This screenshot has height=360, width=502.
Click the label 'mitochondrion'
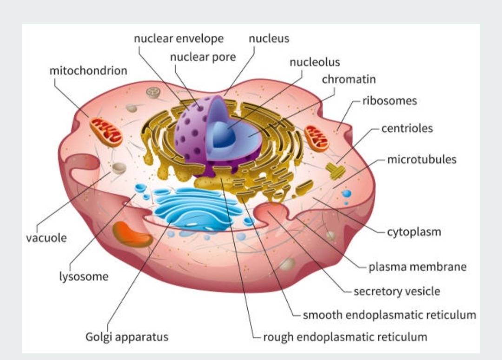[88, 71]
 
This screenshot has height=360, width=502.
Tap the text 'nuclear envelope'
[178, 39]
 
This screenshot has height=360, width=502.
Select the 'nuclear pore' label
[203, 57]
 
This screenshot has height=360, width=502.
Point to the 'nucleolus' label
[315, 62]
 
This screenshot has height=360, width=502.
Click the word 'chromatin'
[349, 80]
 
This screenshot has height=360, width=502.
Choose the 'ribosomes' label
[390, 100]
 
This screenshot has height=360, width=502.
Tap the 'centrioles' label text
[407, 128]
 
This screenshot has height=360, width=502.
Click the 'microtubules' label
[422, 160]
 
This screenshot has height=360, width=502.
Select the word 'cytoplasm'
[414, 231]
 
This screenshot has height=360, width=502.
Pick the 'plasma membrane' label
[417, 267]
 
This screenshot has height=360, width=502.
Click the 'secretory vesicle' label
[396, 292]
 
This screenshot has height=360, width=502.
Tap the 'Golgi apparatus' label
[127, 336]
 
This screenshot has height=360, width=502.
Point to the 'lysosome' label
[84, 277]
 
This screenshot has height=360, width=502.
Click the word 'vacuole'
[46, 238]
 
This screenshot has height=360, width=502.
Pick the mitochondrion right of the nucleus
[317, 138]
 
